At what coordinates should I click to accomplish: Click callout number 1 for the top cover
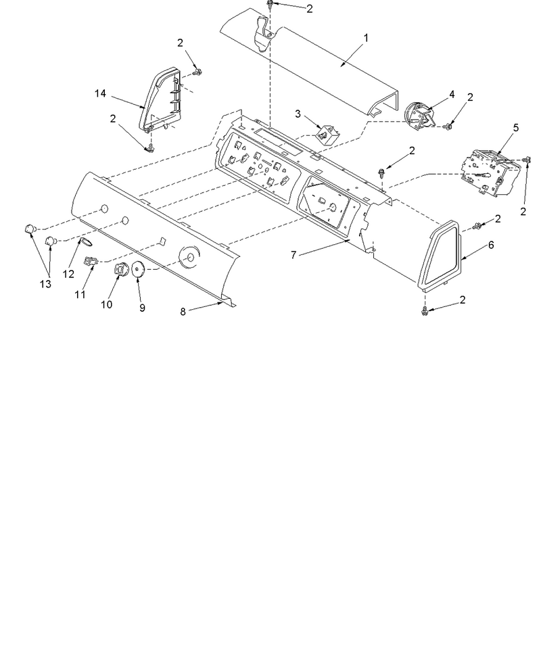click(366, 38)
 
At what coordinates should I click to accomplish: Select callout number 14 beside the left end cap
click(100, 93)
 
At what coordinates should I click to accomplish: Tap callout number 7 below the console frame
click(293, 255)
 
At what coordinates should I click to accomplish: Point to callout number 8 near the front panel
click(183, 312)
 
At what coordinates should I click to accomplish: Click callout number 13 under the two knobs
click(45, 284)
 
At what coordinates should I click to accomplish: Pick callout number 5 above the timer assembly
click(515, 128)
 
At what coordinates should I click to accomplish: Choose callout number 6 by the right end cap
click(490, 245)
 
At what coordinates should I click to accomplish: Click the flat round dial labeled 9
click(138, 269)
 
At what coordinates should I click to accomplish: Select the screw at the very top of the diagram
click(270, 5)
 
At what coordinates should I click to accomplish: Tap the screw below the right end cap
click(424, 310)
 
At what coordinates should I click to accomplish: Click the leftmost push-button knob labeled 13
click(30, 229)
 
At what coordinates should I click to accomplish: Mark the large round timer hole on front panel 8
click(190, 258)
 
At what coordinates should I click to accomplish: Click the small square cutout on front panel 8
click(163, 241)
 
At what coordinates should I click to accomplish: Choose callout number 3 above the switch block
click(298, 114)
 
